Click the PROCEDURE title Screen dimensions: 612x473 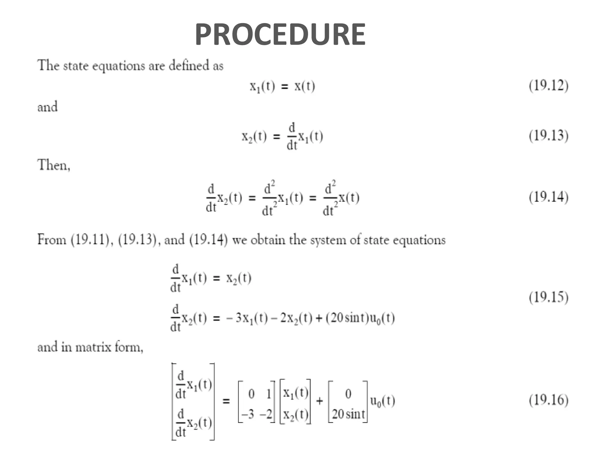pos(280,35)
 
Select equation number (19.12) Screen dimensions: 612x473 pos(548,86)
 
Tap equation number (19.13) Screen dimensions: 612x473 pos(548,136)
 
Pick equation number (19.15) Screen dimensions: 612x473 pos(548,297)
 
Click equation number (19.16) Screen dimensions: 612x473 pos(548,400)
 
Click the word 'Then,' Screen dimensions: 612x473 pos(54,165)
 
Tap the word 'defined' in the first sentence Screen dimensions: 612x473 pos(189,65)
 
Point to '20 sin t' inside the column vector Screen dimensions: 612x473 pos(348,414)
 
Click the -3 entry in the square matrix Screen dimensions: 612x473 pos(247,414)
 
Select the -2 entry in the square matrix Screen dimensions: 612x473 pos(266,414)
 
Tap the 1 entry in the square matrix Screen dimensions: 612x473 pos(268,394)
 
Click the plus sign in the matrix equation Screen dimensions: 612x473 pos(319,401)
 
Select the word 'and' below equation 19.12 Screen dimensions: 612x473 pos(48,107)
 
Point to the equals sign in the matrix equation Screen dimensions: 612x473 pos(226,401)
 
